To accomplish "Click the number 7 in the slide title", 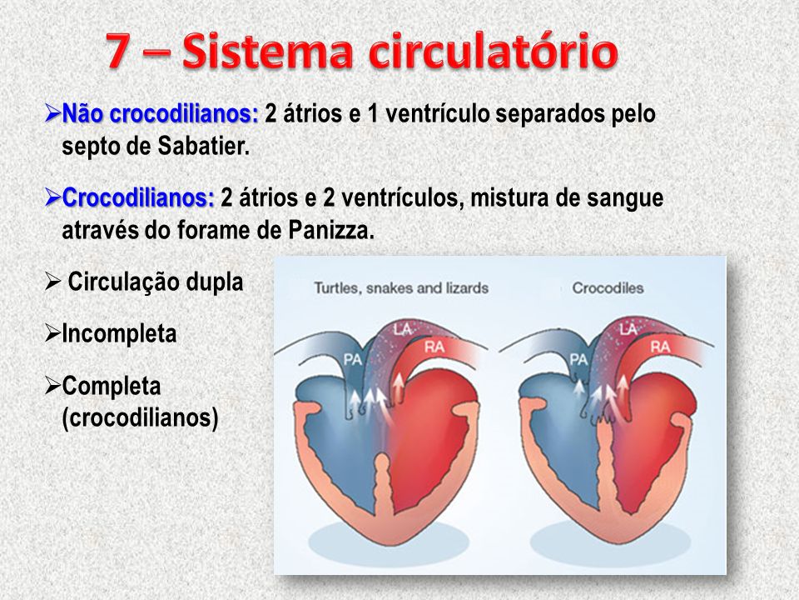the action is (118, 51).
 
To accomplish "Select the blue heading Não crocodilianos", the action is (160, 113).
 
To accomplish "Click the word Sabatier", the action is (204, 147).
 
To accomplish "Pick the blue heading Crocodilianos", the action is (138, 198).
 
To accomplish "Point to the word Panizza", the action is (331, 231).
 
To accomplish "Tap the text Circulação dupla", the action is (156, 282).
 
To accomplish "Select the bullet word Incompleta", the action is (119, 334).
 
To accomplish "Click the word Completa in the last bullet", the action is (111, 386).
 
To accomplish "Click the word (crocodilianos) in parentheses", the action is (140, 418).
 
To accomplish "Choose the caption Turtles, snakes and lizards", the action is (401, 288).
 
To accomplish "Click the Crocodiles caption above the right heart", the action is (608, 287).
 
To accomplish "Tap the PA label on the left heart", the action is (353, 360).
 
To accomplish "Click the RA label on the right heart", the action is (660, 347).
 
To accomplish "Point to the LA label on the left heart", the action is (402, 330).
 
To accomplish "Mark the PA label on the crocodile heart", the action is (578, 360).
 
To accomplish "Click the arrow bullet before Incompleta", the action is (52, 333).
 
